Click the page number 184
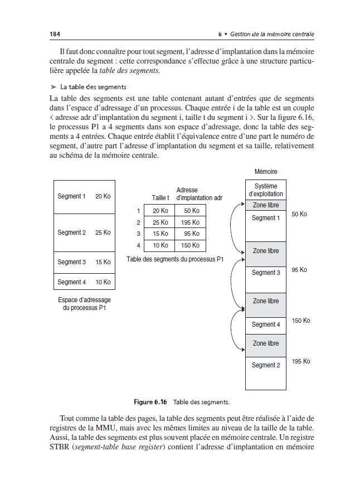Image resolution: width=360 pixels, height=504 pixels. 55,35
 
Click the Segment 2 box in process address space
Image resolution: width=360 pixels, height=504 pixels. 84,232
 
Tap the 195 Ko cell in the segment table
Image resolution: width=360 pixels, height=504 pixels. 190,222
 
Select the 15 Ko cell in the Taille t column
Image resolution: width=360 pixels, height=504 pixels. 159,234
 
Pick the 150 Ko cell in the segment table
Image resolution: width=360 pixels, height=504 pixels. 190,245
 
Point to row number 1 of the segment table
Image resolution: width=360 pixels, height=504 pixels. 137,210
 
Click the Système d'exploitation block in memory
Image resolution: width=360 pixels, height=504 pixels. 265,190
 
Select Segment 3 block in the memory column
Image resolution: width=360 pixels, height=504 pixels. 265,273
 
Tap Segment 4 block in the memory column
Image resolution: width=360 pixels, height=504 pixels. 265,324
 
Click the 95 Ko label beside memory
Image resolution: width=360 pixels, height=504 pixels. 299,270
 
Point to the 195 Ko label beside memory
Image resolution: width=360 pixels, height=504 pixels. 301,361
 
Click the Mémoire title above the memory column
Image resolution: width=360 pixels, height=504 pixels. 265,172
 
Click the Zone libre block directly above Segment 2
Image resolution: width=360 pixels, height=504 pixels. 265,343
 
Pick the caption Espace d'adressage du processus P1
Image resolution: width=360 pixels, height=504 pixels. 84,303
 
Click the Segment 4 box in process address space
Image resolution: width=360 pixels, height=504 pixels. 84,282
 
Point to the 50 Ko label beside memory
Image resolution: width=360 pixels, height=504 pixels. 299,214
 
